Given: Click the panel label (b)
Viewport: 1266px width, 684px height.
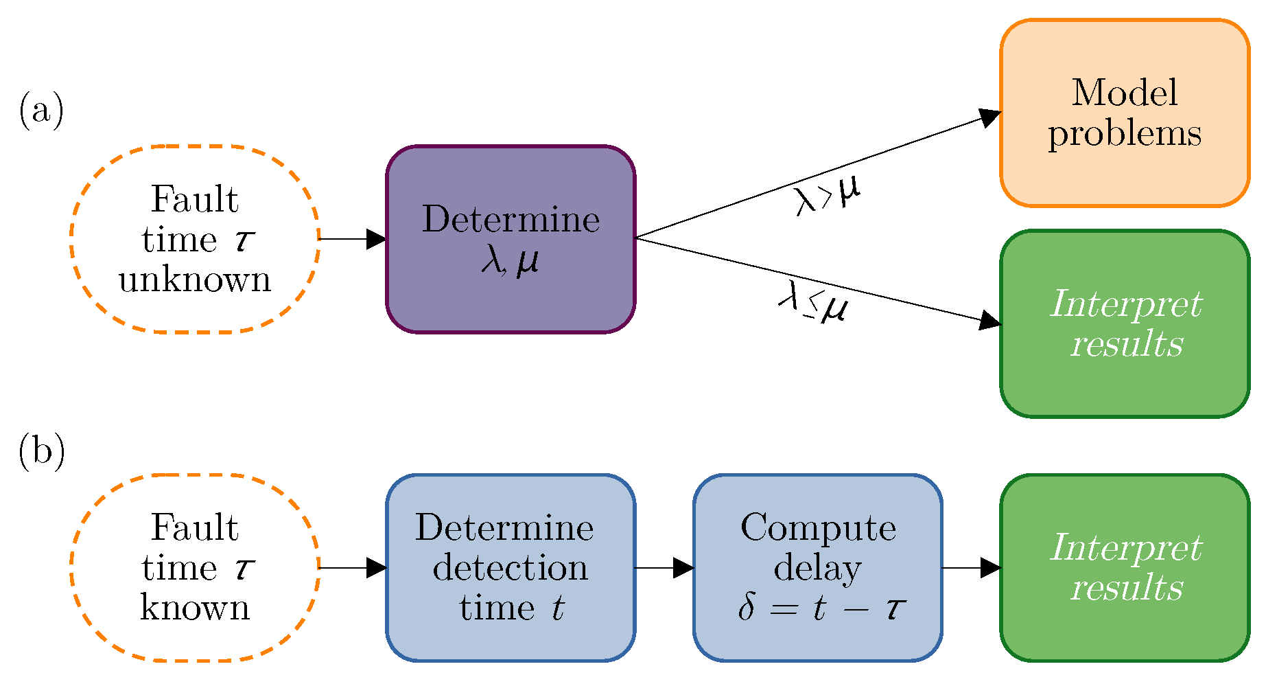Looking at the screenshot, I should pyautogui.click(x=41, y=452).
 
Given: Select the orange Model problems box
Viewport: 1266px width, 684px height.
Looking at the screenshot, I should pyautogui.click(x=1124, y=113).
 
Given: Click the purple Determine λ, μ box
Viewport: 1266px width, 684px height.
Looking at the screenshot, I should pyautogui.click(x=511, y=239).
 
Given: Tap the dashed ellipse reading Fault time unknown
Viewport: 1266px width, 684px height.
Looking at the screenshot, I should pyautogui.click(x=195, y=239).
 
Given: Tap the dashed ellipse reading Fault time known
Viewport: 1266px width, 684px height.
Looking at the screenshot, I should pyautogui.click(x=195, y=567).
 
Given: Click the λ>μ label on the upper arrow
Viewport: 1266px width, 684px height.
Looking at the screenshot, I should pyautogui.click(x=827, y=196).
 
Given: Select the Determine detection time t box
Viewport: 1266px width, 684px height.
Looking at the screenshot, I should pyautogui.click(x=511, y=567).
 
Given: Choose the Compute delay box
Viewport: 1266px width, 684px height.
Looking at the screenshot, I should pyautogui.click(x=817, y=567).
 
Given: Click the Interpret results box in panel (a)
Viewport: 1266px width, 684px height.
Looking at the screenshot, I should pyautogui.click(x=1124, y=323).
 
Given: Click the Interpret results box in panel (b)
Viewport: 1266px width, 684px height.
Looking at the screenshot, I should pyautogui.click(x=1124, y=567).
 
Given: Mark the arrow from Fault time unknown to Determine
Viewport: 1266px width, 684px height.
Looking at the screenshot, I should pyautogui.click(x=351, y=239).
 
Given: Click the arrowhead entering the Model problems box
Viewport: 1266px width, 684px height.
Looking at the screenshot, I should pyautogui.click(x=989, y=118).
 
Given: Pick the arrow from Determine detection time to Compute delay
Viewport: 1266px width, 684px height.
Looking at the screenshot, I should pyautogui.click(x=663, y=568).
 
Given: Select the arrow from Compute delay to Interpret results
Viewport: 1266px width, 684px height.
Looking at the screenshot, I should pyautogui.click(x=970, y=568).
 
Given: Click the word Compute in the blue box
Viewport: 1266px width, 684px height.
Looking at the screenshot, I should pyautogui.click(x=818, y=528).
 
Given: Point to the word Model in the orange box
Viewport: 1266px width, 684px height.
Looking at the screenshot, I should pyautogui.click(x=1124, y=93).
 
